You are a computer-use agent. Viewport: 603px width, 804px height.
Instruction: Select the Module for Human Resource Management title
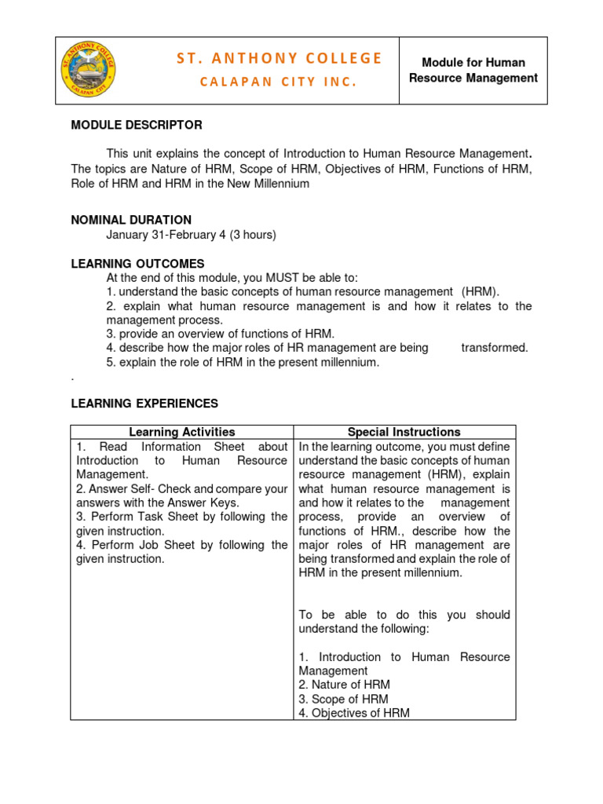coord(473,70)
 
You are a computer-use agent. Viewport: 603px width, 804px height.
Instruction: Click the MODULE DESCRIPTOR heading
coord(137,125)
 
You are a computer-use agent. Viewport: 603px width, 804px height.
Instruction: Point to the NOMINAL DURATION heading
coord(131,220)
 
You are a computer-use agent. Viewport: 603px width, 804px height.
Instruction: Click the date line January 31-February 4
coord(192,235)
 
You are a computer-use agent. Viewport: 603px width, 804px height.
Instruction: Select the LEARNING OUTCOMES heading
coord(137,264)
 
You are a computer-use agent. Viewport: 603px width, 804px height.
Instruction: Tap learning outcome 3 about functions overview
coord(221,334)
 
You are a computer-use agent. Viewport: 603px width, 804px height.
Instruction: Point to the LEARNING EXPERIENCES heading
coord(144,404)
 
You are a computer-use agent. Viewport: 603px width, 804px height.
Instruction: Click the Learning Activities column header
coord(181,432)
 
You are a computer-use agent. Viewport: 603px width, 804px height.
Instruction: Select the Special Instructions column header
coord(404,432)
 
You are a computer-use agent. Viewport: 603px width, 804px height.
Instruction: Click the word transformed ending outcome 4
coord(495,348)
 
